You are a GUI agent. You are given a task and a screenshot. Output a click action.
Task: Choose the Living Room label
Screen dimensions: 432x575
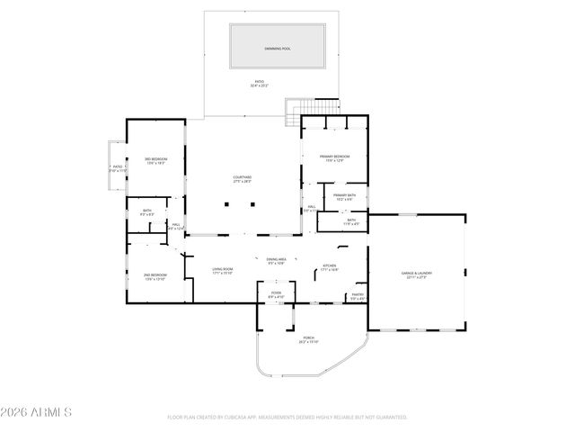point(223,271)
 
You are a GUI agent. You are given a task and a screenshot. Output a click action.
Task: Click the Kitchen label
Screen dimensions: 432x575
point(331,267)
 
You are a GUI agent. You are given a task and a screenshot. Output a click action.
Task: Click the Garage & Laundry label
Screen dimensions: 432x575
point(416,275)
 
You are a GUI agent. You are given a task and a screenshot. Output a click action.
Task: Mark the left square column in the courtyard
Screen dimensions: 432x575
point(227,205)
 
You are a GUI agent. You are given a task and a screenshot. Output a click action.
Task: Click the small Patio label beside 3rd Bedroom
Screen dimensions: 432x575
point(118,168)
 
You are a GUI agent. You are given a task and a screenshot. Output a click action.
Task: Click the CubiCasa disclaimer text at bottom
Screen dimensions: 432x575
point(287,418)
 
